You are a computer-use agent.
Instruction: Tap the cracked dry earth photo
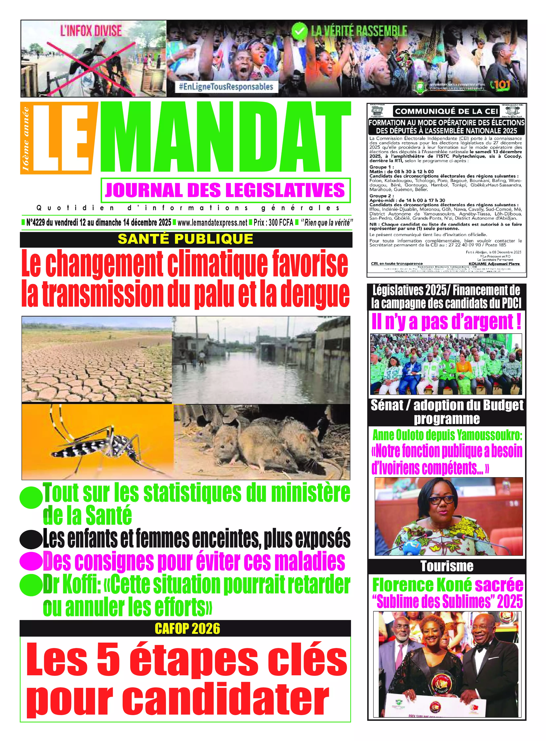[97, 360]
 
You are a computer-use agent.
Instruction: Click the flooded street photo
[261, 360]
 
